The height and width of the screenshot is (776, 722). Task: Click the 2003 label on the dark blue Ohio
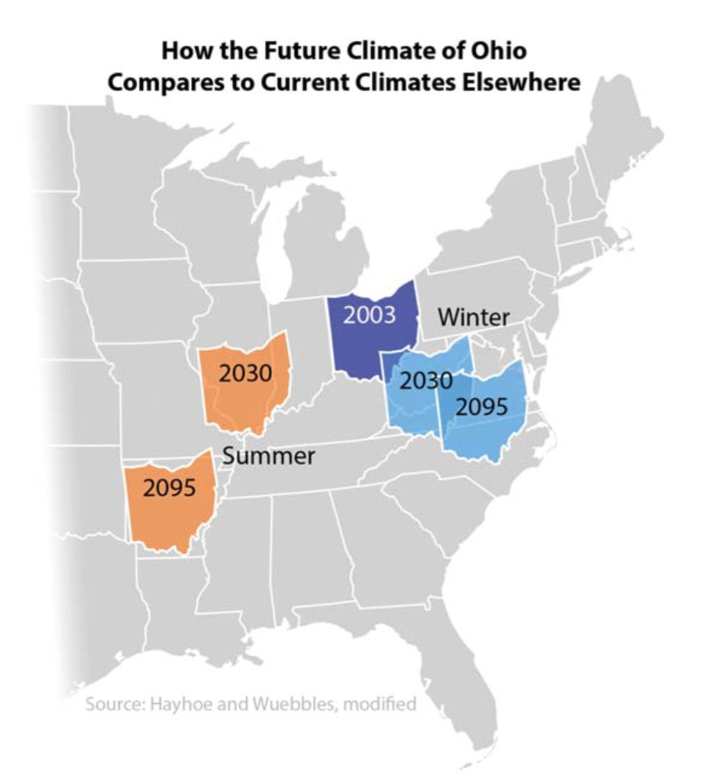pyautogui.click(x=369, y=315)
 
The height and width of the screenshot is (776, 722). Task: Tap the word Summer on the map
pyautogui.click(x=269, y=456)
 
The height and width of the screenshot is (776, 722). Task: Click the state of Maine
pyautogui.click(x=632, y=164)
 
